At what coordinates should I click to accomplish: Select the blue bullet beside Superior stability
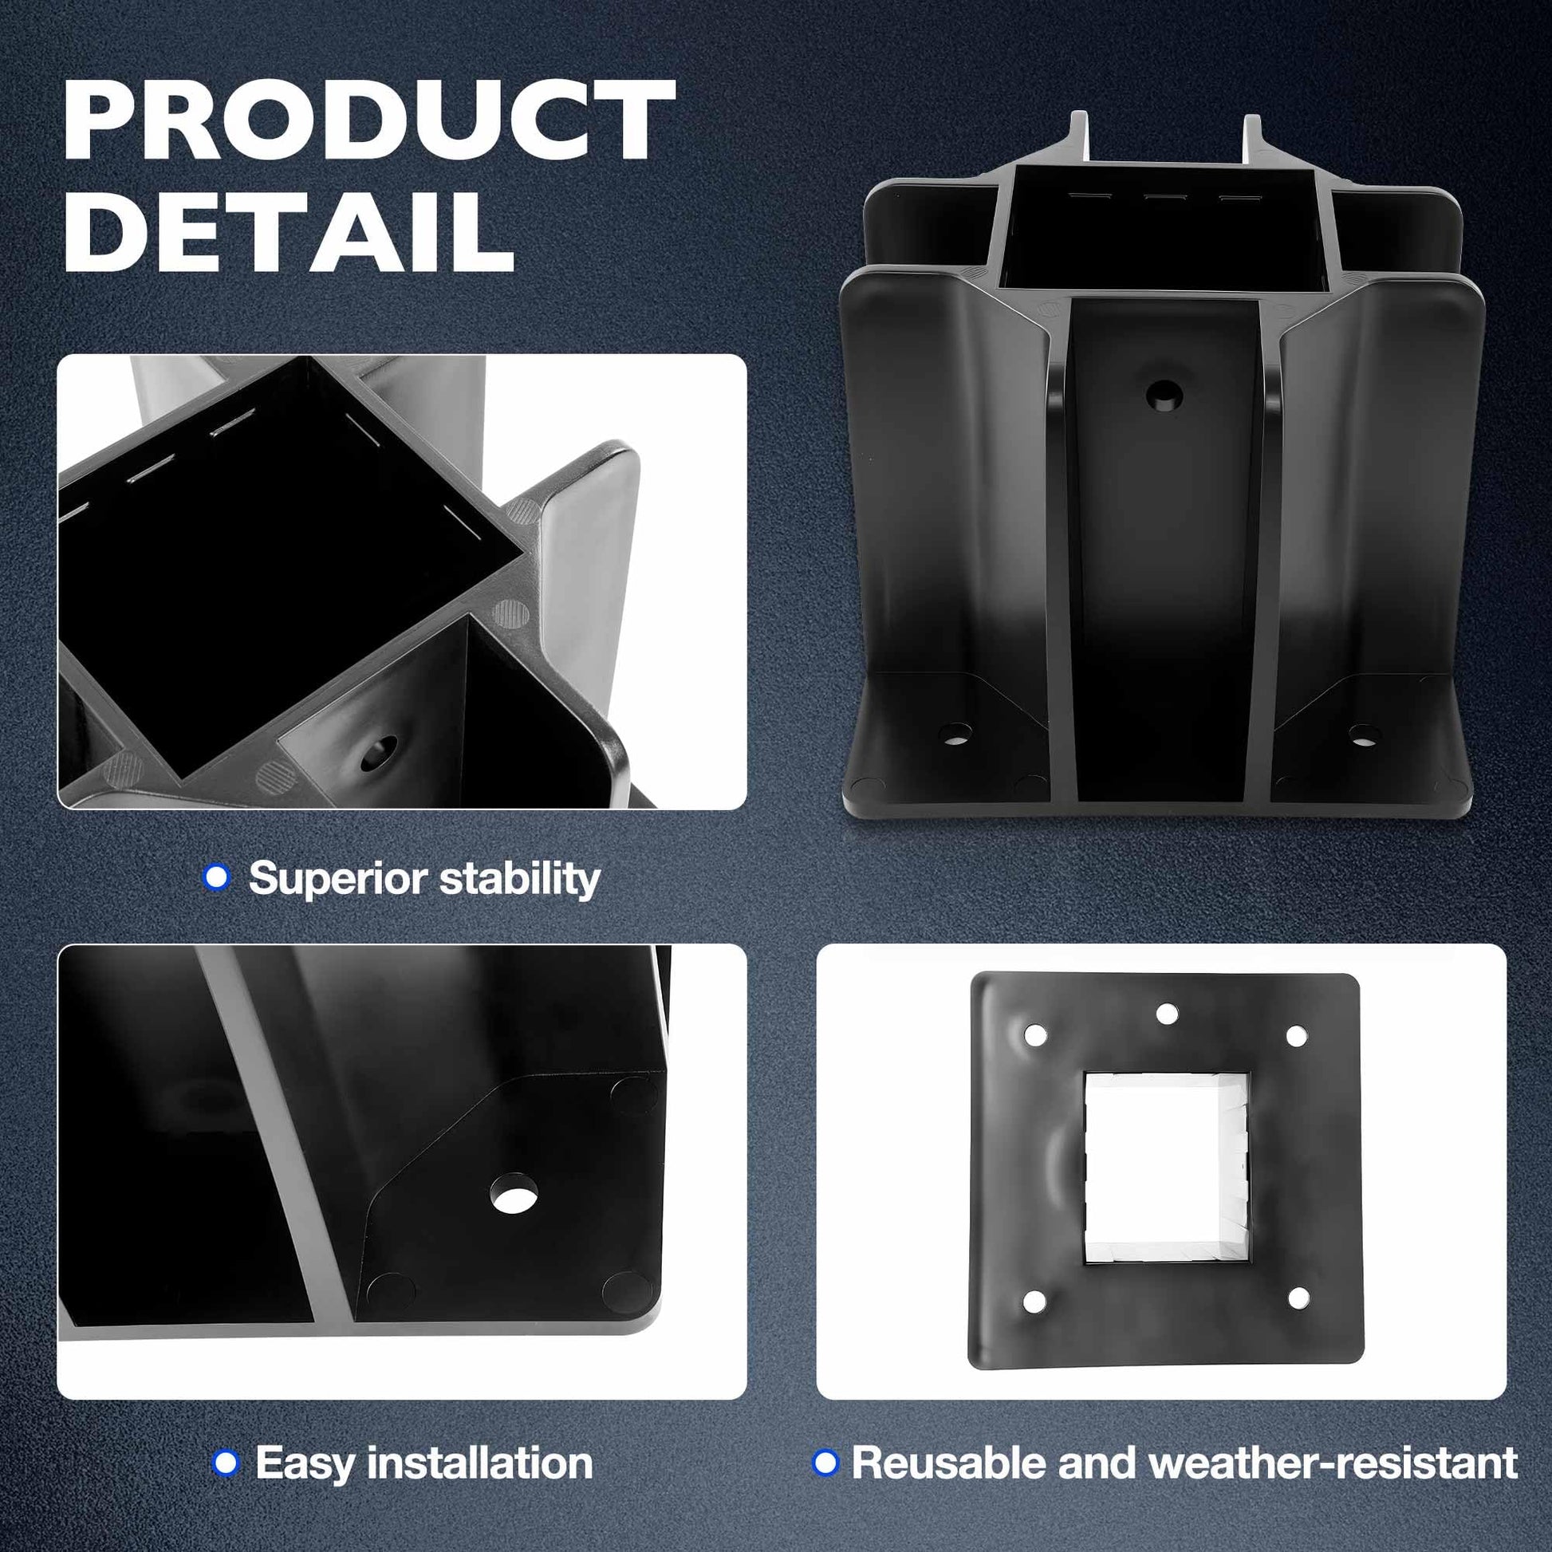click(216, 876)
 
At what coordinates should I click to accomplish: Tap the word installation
click(480, 1462)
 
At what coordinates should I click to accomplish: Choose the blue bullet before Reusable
click(825, 1462)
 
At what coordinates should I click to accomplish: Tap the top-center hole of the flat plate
click(1167, 1013)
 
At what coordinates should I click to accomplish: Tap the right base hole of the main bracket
click(1363, 733)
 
